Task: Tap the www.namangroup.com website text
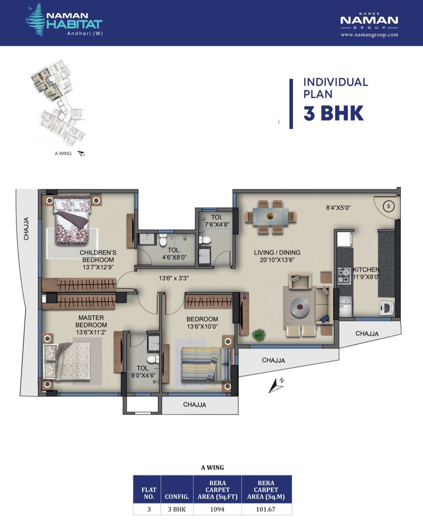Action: pos(369,35)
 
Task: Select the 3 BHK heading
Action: pos(333,113)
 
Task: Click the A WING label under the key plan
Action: pos(62,154)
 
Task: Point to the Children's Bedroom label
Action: pos(98,256)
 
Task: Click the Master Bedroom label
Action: pos(92,321)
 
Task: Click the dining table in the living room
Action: pos(270,216)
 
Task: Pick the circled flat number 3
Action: pos(388,207)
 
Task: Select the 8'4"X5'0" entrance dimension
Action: pos(339,207)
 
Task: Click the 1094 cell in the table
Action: pos(217,509)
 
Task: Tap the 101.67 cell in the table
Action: pos(266,509)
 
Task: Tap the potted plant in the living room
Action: pos(259,335)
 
